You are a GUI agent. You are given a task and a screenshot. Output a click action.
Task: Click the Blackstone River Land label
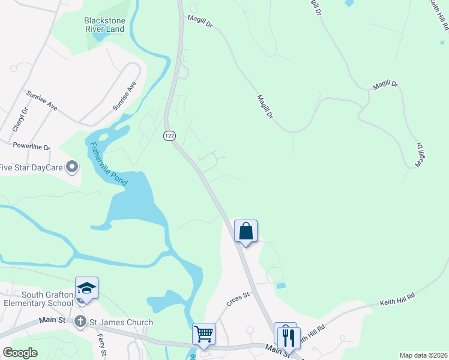pyautogui.click(x=104, y=25)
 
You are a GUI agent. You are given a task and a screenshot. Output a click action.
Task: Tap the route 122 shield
pyautogui.click(x=169, y=136)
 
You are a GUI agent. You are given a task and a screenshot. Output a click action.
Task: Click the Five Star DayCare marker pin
pyautogui.click(x=73, y=167)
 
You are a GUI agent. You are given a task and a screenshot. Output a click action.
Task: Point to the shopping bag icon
pyautogui.click(x=246, y=231)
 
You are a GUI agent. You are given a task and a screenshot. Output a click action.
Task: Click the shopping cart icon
pyautogui.click(x=203, y=333)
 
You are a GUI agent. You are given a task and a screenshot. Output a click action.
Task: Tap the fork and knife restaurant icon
pyautogui.click(x=289, y=337)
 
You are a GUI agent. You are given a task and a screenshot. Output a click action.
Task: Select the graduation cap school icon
pyautogui.click(x=86, y=289)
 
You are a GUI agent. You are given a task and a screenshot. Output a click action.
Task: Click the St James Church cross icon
pyautogui.click(x=80, y=322)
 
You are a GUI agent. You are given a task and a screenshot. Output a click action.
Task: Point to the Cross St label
pyautogui.click(x=238, y=299)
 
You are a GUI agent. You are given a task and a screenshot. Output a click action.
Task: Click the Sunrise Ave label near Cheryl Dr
pyautogui.click(x=41, y=101)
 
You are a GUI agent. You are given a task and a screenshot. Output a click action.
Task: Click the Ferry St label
pyautogui.click(x=101, y=345)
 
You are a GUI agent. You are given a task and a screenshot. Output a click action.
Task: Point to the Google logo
pyautogui.click(x=20, y=353)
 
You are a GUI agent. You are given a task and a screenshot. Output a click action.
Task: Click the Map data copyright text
pyautogui.click(x=423, y=355)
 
